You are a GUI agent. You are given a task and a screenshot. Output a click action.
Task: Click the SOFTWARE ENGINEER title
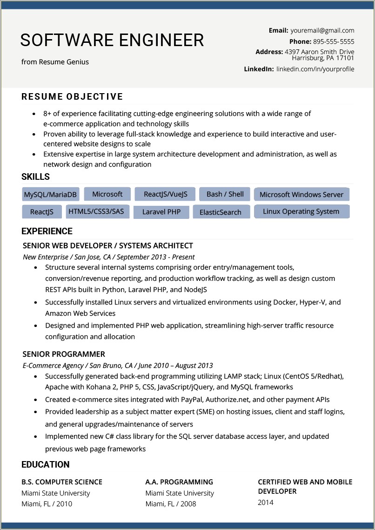click(x=112, y=41)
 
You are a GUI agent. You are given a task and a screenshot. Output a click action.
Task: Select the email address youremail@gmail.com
click(x=322, y=30)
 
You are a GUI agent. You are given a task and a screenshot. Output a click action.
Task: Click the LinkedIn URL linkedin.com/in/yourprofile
click(x=315, y=69)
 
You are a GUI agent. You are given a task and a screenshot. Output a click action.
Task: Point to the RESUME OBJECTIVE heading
click(x=72, y=97)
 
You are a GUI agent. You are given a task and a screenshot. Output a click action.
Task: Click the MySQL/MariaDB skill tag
click(x=51, y=195)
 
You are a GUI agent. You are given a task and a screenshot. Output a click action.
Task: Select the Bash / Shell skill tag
click(x=225, y=194)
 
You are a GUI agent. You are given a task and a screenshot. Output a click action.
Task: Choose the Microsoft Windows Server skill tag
click(x=301, y=195)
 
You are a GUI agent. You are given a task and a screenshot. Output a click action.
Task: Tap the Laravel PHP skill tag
click(x=161, y=212)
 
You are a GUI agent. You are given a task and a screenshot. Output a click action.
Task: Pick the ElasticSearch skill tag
click(x=221, y=212)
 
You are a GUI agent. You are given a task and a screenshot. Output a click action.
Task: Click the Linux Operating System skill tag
click(x=301, y=211)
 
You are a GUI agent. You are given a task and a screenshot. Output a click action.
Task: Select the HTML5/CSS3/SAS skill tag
click(x=96, y=211)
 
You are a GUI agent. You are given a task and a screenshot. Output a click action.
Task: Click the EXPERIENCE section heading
click(x=47, y=231)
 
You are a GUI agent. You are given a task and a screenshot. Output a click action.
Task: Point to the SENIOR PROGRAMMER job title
click(x=64, y=354)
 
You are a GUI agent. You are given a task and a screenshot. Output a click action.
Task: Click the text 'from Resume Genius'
click(x=55, y=62)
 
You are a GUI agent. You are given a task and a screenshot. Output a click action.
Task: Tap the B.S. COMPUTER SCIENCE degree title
click(x=62, y=482)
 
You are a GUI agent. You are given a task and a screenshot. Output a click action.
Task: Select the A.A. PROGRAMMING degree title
click(x=179, y=482)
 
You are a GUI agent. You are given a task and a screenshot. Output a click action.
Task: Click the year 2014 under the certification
click(x=266, y=503)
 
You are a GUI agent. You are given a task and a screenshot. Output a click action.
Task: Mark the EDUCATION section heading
click(x=46, y=465)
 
